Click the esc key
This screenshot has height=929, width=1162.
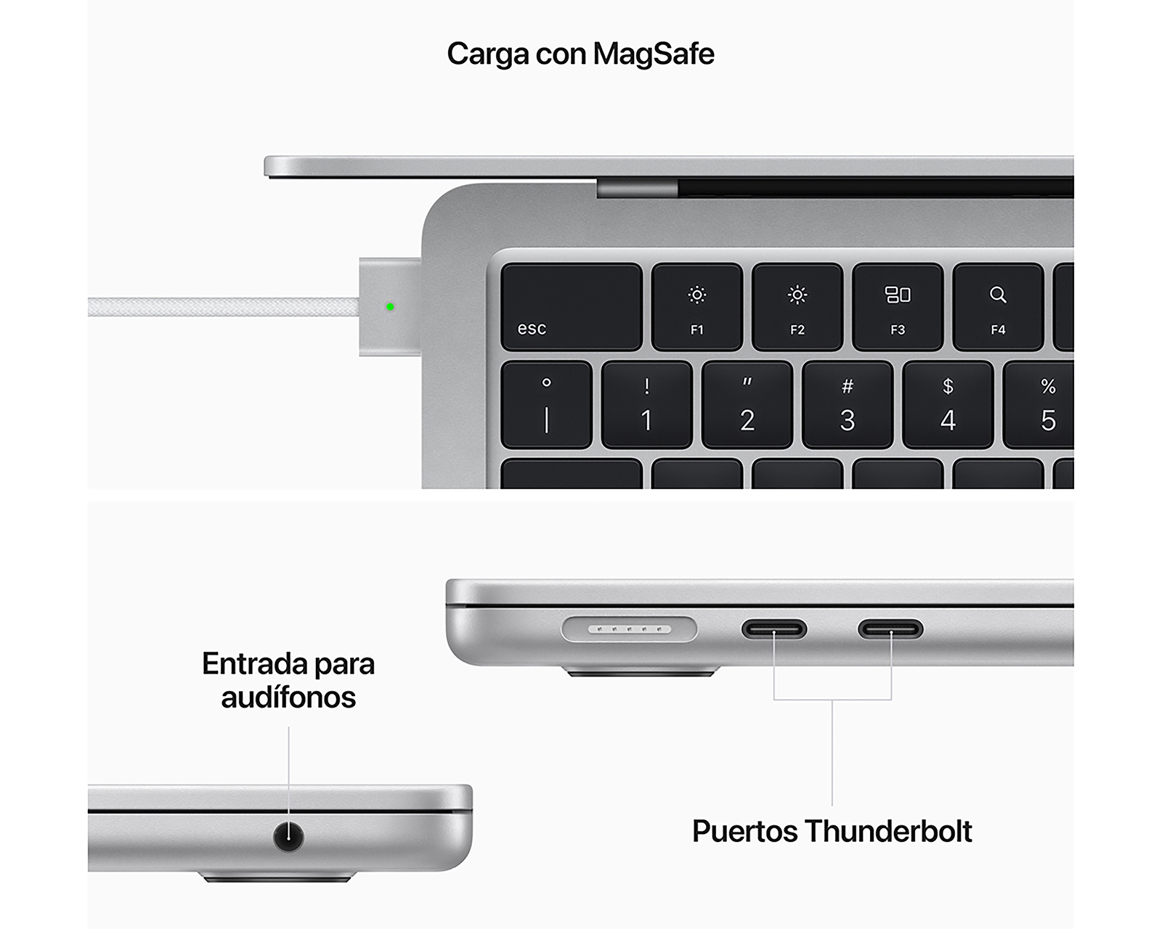tap(571, 307)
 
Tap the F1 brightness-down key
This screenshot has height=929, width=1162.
tap(696, 307)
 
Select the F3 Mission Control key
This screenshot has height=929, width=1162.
tap(898, 307)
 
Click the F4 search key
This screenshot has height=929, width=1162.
tap(998, 307)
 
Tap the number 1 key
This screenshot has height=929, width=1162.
tap(646, 405)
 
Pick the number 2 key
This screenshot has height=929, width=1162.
tap(747, 405)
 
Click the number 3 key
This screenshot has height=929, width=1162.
tap(848, 405)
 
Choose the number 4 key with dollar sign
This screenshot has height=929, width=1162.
tap(948, 405)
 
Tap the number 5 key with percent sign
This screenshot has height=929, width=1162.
tap(1043, 405)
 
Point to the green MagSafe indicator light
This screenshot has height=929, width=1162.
tap(390, 307)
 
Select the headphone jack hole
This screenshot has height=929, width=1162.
tap(288, 836)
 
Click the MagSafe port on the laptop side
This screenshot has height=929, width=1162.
tap(629, 629)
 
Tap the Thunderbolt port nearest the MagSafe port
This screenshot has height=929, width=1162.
tap(774, 629)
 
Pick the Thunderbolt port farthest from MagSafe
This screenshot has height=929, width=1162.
tap(890, 629)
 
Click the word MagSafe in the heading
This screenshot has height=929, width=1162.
tap(654, 54)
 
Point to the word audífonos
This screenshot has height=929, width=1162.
tap(288, 697)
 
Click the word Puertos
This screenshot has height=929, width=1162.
tap(744, 832)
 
